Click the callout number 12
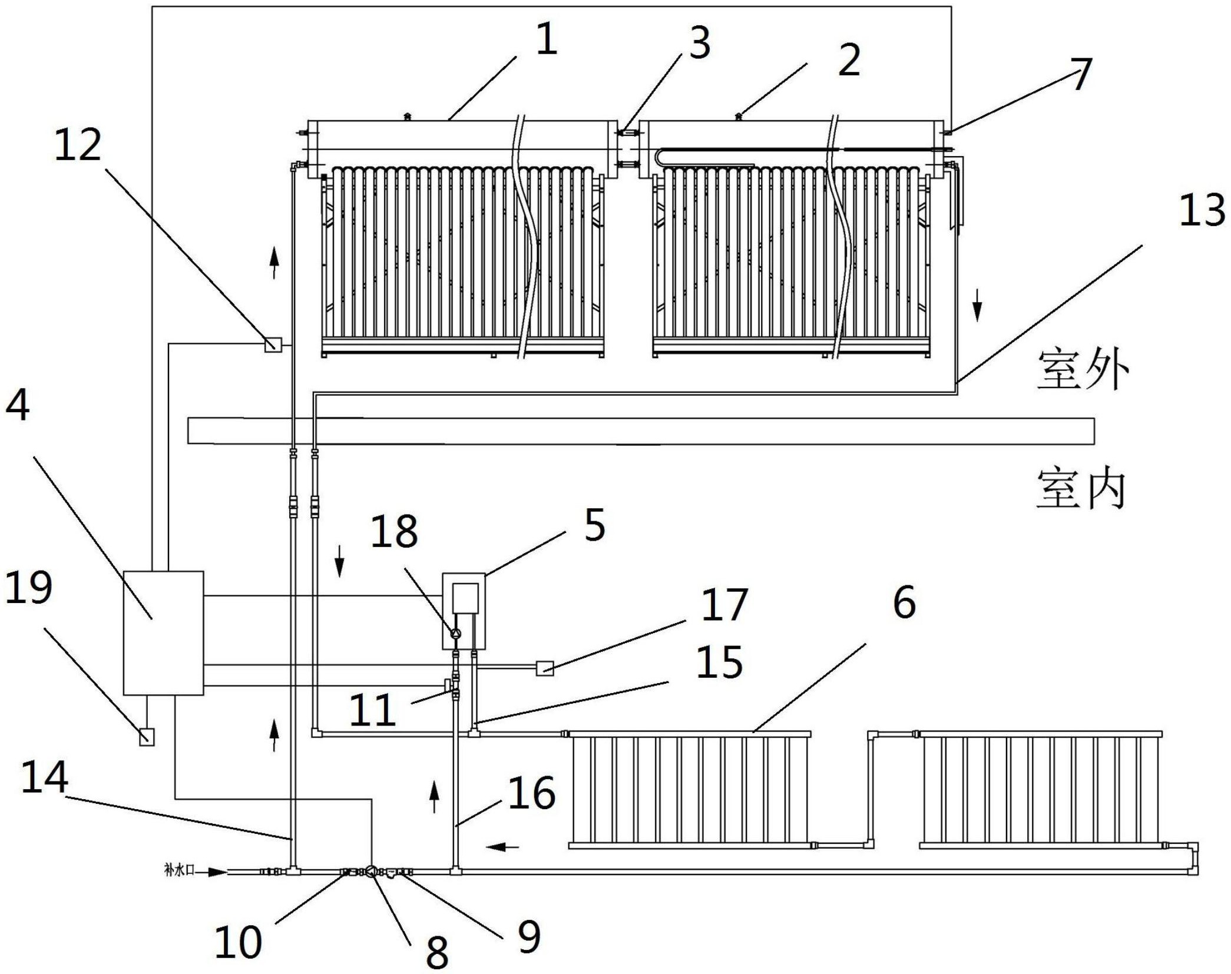tap(78, 146)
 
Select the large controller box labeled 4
tap(163, 632)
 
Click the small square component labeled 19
tap(147, 737)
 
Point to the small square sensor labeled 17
tap(544, 668)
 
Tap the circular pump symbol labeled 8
tap(372, 871)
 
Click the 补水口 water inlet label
tap(179, 870)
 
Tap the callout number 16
tap(532, 793)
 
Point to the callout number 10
tap(238, 941)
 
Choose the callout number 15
tap(719, 662)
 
